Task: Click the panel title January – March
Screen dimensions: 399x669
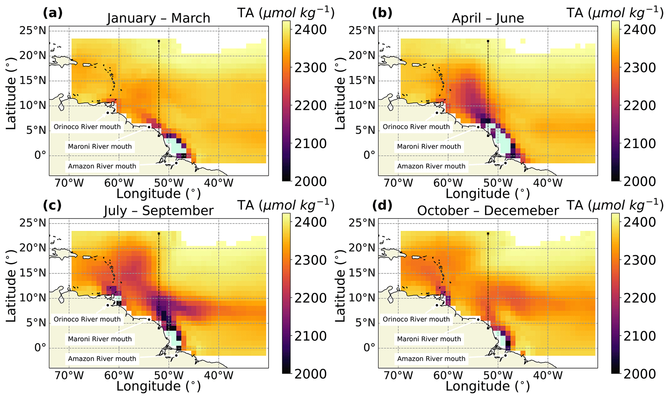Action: pyautogui.click(x=159, y=18)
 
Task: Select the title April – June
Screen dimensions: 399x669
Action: pyautogui.click(x=488, y=18)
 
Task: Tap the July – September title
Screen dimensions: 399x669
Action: pyautogui.click(x=159, y=211)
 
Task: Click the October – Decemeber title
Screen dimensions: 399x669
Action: pyautogui.click(x=488, y=211)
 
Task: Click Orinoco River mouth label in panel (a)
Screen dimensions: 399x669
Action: pyautogui.click(x=87, y=127)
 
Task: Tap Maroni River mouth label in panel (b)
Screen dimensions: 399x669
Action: pyautogui.click(x=429, y=146)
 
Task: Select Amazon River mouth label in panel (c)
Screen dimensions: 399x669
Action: pyautogui.click(x=102, y=359)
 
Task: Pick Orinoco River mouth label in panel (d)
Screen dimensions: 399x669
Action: pyautogui.click(x=416, y=319)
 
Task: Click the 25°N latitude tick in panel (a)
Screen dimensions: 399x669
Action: pyautogui.click(x=33, y=31)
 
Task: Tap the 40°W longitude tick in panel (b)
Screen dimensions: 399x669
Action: pyautogui.click(x=548, y=183)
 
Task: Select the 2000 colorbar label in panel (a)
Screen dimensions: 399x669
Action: pyautogui.click(x=310, y=182)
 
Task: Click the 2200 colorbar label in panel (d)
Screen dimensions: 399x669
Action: pyautogui.click(x=640, y=298)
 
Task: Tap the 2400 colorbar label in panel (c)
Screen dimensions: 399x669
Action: pyautogui.click(x=310, y=222)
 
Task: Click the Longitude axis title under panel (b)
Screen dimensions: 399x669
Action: pyautogui.click(x=488, y=194)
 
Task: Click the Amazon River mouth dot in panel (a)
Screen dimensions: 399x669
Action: pyautogui.click(x=176, y=163)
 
